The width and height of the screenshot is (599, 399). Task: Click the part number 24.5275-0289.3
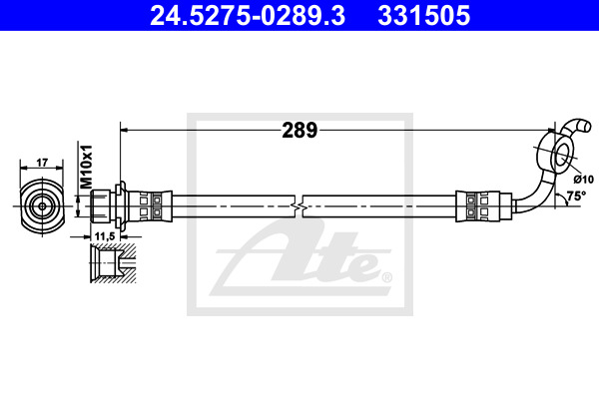(x=248, y=15)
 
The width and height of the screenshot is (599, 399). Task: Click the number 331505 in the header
(x=423, y=15)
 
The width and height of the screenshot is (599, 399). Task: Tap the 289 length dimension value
(x=299, y=131)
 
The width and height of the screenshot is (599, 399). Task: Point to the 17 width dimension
(x=42, y=163)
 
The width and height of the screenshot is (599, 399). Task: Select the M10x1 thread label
(x=86, y=167)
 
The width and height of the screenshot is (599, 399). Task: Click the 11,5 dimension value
(x=105, y=236)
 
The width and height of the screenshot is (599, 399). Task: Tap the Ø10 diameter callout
(x=584, y=179)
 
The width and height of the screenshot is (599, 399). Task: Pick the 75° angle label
(x=576, y=197)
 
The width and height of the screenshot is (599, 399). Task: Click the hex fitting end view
(x=42, y=206)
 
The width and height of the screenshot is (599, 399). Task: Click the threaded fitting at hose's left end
(x=101, y=206)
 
